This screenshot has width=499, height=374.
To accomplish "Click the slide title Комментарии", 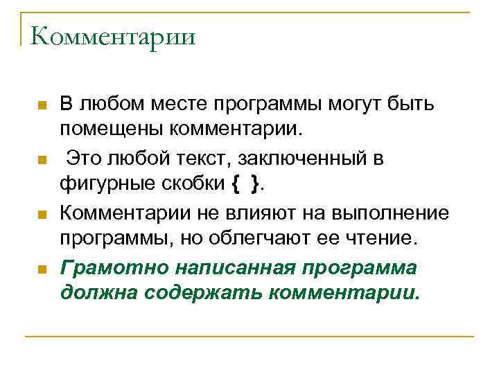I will [112, 37].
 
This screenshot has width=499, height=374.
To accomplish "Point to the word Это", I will [84, 159].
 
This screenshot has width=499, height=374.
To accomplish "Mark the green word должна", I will [98, 292].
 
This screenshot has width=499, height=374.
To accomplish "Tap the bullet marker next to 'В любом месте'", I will [42, 107].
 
